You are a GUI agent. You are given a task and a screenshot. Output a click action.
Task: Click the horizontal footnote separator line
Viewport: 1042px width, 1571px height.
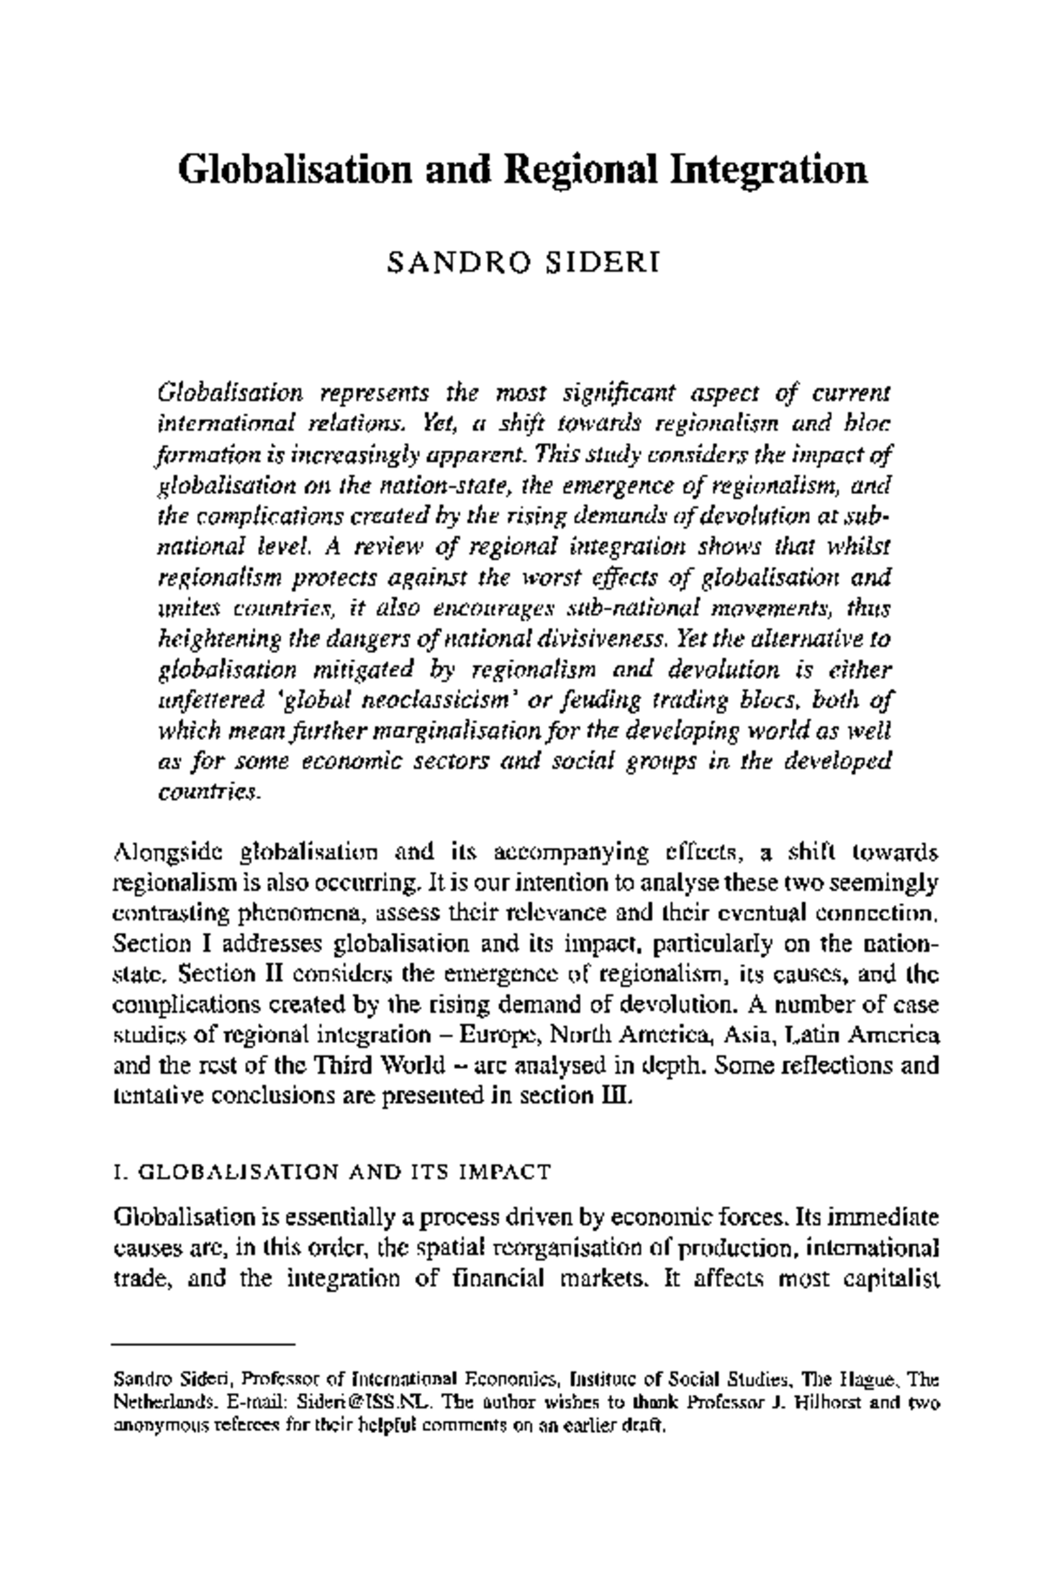pyautogui.click(x=205, y=1343)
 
